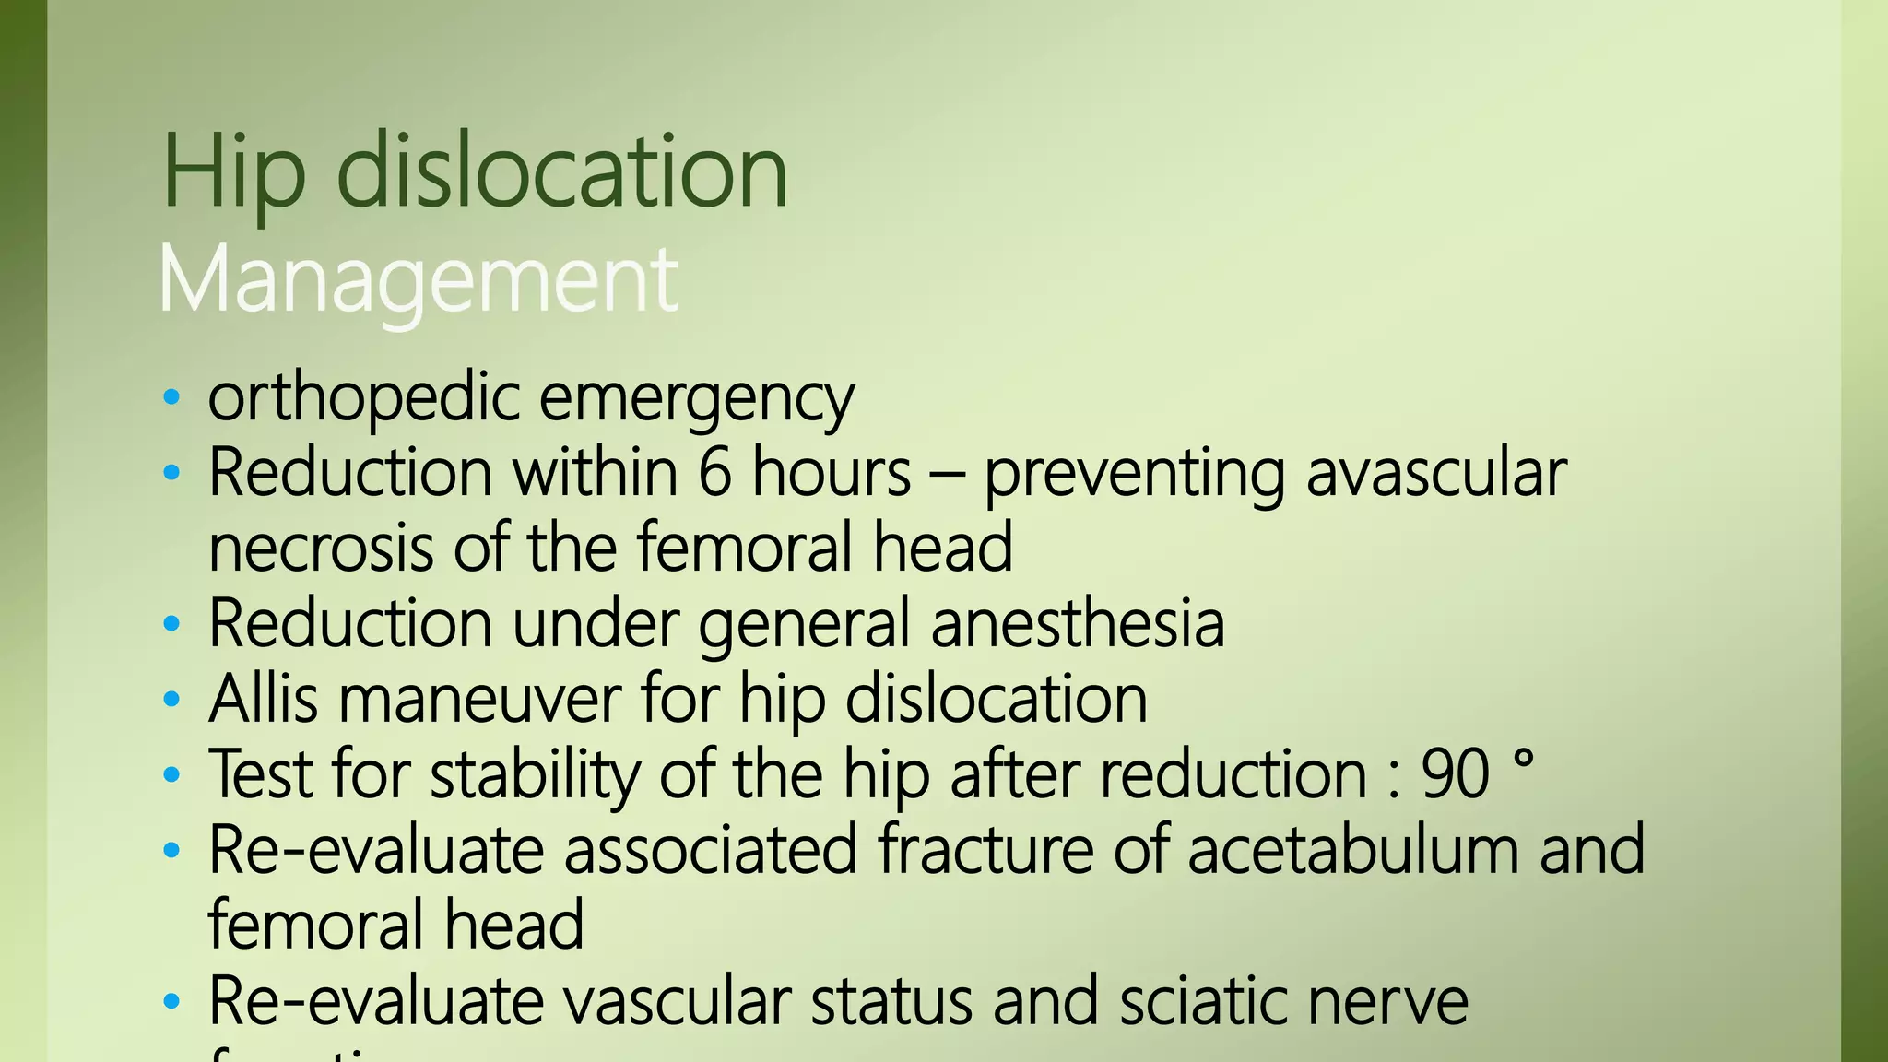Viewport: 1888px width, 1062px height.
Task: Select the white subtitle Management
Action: (419, 280)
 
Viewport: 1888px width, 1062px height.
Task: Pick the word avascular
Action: (1436, 474)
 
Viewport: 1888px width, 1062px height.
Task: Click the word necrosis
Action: (320, 548)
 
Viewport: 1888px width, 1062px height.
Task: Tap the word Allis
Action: (264, 698)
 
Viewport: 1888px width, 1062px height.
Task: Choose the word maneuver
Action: (480, 700)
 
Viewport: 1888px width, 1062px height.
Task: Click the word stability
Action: (535, 775)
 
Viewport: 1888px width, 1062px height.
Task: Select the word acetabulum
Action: (1352, 849)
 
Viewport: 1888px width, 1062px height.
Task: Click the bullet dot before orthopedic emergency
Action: (171, 398)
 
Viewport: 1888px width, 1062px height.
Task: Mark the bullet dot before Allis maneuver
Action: (171, 700)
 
